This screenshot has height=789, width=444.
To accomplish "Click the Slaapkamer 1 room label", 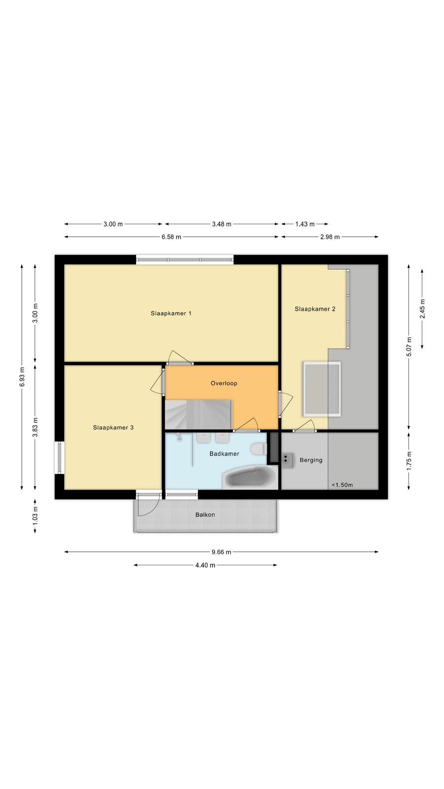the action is pos(171,313).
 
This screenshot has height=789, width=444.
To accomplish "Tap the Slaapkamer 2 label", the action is pos(315,309).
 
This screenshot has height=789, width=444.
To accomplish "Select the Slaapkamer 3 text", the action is pos(113,428).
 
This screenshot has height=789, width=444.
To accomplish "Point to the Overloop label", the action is pos(224,383).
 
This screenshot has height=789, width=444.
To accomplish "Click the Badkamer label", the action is pos(224,454).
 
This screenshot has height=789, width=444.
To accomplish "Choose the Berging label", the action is pos(311,460).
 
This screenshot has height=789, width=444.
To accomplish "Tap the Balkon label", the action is pos(205,515).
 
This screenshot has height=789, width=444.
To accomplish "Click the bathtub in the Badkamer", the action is pos(250,477).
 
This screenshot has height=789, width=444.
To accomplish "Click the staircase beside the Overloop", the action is pos(198,414).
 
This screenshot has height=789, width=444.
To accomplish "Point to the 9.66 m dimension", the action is pos(222,552).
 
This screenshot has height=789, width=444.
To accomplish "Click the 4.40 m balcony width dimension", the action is pos(205,565).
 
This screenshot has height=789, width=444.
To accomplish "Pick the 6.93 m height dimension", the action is pos(22,377).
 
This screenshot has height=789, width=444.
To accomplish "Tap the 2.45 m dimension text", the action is pos(422,309).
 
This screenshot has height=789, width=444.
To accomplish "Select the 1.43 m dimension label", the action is pos(305,224).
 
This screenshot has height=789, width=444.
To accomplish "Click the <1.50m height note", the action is pos(342,485).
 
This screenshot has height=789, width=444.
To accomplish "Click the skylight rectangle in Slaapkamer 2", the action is pos(322,389).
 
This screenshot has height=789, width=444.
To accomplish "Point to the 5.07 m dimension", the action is pos(409,347).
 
